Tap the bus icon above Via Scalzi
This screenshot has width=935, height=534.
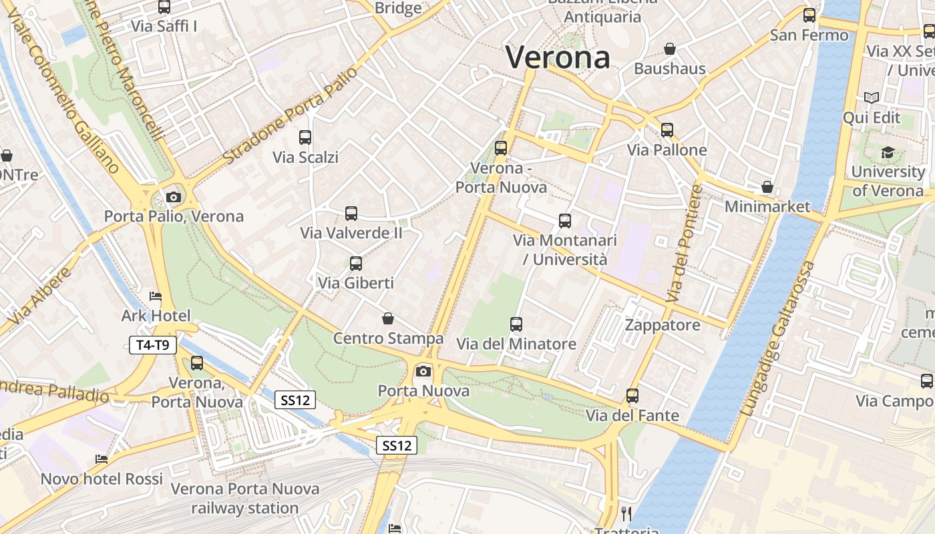coord(305,138)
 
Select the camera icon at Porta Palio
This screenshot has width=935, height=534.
coord(174,197)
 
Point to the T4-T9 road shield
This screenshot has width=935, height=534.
coord(153,345)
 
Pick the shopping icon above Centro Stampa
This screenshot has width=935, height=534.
coord(387,319)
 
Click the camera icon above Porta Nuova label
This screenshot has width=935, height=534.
coord(423,371)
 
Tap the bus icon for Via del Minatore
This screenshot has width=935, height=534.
coord(516,324)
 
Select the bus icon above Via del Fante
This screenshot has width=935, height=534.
coord(632,396)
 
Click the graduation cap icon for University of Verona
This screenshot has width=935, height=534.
coord(888,153)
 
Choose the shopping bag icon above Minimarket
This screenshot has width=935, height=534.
coord(767,187)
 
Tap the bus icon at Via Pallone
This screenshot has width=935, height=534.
coord(667,130)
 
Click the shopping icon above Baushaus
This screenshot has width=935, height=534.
coord(670,49)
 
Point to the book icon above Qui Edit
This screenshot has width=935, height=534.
coord(871,98)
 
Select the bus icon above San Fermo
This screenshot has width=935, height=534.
coord(809,15)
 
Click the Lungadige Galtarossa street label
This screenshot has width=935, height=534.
coord(779,339)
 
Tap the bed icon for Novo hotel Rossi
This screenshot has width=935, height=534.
coord(102,459)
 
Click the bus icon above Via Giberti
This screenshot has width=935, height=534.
coord(356,264)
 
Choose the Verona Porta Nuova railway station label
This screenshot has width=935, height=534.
coord(244,498)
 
